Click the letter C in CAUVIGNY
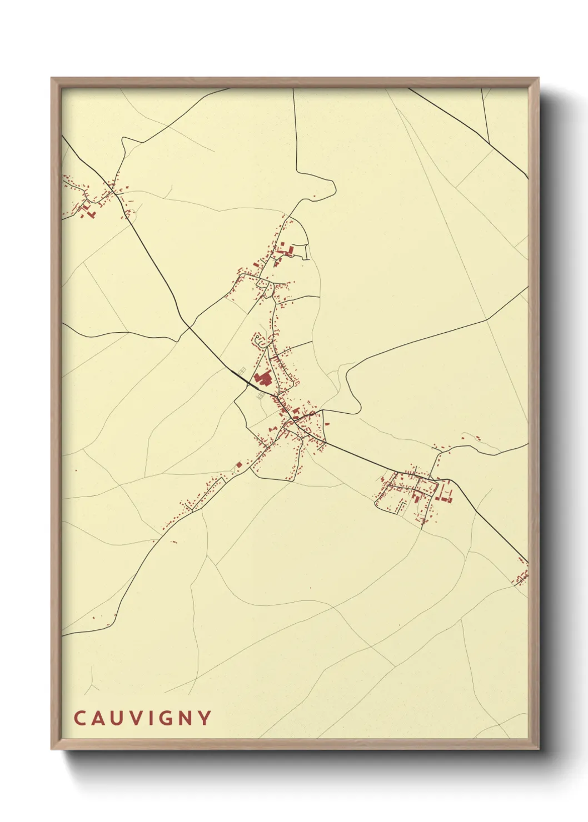pyautogui.click(x=79, y=718)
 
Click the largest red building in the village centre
pyautogui.click(x=262, y=379)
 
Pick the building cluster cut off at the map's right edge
pyautogui.click(x=522, y=578)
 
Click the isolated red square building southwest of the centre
pyautogui.click(x=239, y=464)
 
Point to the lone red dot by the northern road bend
pyautogui.click(x=315, y=196)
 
